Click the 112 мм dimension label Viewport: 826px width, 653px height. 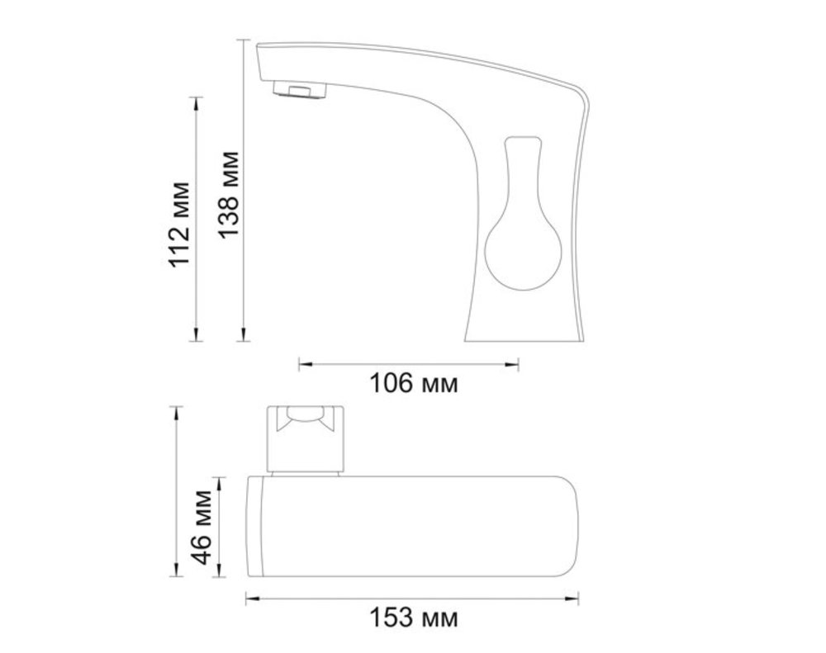pos(179,225)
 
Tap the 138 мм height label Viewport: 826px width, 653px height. pos(229,195)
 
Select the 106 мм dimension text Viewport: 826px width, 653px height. pos(414,383)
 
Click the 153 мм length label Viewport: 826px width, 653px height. pos(414,618)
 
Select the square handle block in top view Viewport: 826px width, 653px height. pos(306,438)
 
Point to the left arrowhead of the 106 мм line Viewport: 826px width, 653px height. pos(306,364)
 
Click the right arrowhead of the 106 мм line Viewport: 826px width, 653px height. pos(512,364)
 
